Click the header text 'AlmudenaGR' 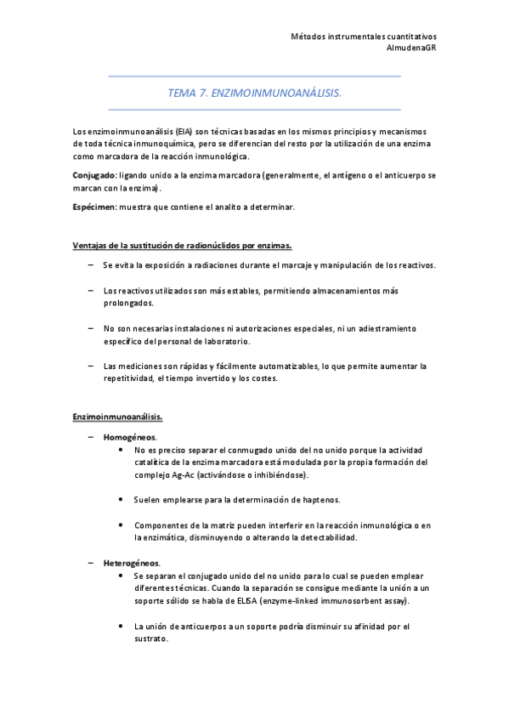point(411,48)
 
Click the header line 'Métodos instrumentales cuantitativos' point(364,37)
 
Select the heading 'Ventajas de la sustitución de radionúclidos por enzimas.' point(183,246)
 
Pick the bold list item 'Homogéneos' point(129,437)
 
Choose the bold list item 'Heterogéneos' point(132,563)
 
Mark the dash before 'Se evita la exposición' point(90,265)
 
